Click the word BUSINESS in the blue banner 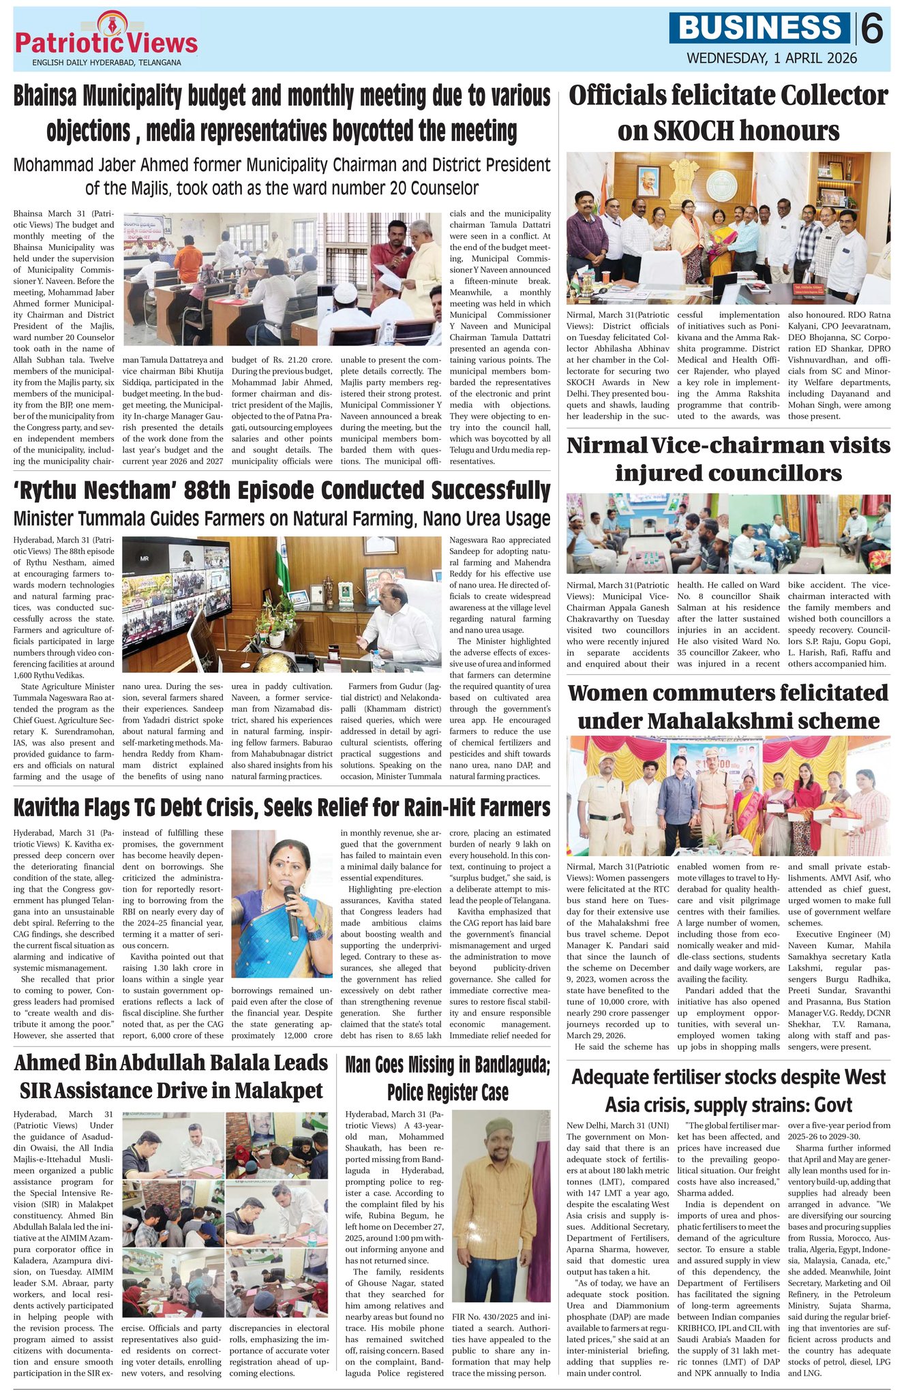[761, 28]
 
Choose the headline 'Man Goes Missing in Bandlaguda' [447, 1077]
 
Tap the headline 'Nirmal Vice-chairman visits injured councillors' [728, 459]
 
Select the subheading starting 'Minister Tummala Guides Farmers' [282, 519]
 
